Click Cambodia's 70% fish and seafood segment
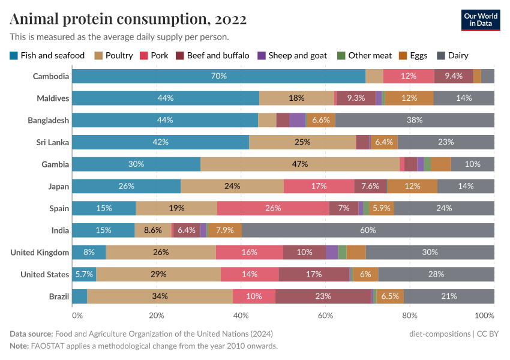click(x=218, y=76)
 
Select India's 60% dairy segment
click(x=368, y=230)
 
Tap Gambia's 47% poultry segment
click(x=300, y=164)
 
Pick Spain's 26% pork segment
click(x=273, y=208)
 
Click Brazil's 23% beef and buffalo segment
click(x=323, y=296)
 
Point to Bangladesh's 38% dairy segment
click(x=415, y=120)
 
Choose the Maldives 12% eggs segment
click(x=409, y=98)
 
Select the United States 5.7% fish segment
click(x=84, y=274)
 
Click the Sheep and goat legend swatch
click(x=261, y=56)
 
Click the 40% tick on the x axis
click(x=241, y=315)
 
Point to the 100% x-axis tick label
click(x=484, y=315)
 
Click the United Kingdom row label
click(x=40, y=253)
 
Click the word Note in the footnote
click(x=20, y=346)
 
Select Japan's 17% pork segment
click(x=319, y=187)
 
